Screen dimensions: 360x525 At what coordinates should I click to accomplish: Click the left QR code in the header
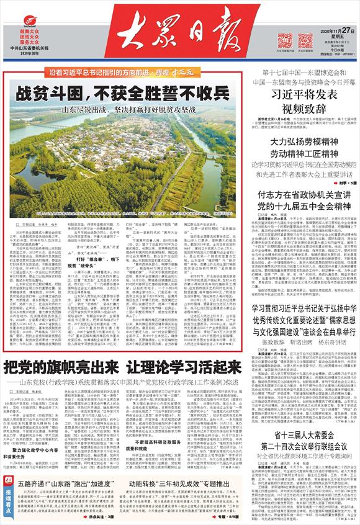point(285,39)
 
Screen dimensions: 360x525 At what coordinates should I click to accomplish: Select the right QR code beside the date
point(304,39)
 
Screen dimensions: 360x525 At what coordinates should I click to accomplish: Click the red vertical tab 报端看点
point(6,496)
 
